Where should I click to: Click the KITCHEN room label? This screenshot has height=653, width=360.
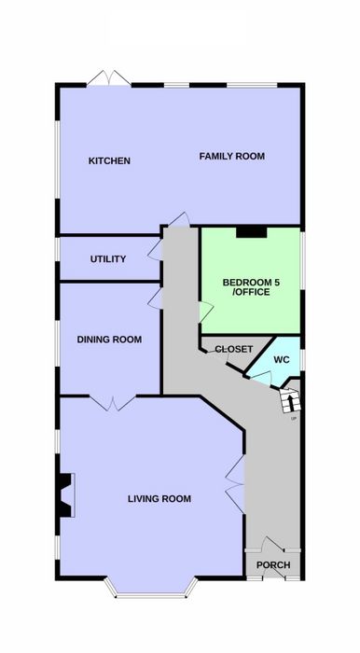[109, 160]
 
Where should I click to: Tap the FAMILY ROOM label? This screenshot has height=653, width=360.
[232, 157]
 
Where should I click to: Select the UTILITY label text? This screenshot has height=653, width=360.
[108, 259]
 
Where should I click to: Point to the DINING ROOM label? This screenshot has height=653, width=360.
[109, 340]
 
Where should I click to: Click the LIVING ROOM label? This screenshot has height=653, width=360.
[159, 498]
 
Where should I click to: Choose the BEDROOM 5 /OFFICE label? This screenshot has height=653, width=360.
[251, 287]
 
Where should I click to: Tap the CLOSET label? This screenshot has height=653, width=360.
[234, 349]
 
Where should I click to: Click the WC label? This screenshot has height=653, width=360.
[282, 359]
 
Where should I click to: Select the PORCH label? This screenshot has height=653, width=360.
[273, 565]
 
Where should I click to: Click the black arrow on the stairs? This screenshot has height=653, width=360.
[290, 402]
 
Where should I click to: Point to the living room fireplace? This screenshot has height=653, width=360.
[65, 495]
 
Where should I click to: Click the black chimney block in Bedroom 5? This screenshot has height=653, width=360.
[252, 232]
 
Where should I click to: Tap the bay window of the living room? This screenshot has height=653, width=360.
[151, 590]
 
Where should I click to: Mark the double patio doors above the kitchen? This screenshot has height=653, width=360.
[108, 77]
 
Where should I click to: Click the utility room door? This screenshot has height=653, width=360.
[156, 250]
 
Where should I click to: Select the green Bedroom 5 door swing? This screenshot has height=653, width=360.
[206, 312]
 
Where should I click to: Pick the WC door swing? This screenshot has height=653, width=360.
[261, 378]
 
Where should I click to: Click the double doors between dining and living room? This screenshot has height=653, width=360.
[112, 404]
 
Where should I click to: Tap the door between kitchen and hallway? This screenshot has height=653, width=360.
[180, 219]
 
